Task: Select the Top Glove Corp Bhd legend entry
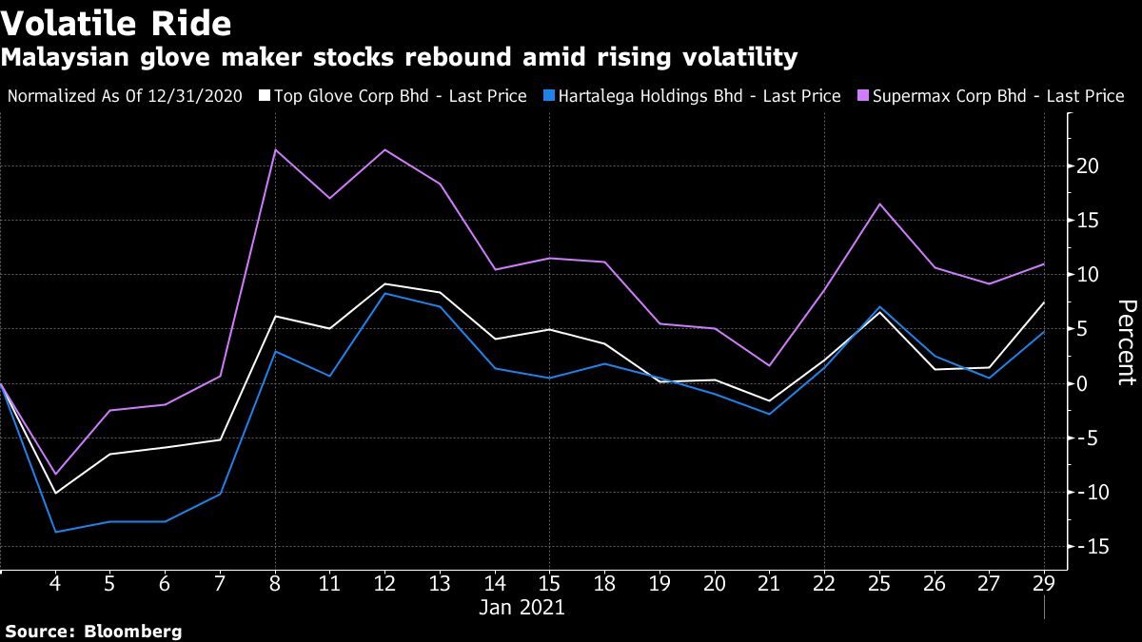pos(400,96)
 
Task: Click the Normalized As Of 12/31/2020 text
pos(125,96)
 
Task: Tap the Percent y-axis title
pos(1126,342)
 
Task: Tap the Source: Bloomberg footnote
pos(93,632)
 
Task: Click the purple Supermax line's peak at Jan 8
pos(274,149)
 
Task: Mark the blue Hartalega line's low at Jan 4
pos(55,532)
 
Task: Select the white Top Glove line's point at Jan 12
pos(384,284)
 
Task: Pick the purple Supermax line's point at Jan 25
pos(879,204)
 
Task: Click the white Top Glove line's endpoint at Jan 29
pos(1044,302)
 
